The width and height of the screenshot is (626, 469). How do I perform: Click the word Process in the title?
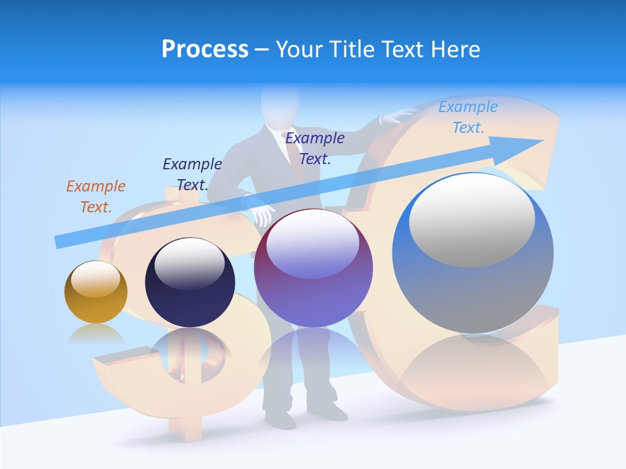point(205,50)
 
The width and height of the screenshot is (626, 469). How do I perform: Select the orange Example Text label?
point(95,196)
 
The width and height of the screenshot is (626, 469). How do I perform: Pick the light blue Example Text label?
point(468,117)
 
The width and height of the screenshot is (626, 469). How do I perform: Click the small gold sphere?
point(96,292)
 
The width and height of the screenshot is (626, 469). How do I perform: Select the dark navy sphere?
point(190,283)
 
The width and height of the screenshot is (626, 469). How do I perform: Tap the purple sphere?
point(313,268)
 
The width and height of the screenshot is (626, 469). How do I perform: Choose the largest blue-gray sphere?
point(473,253)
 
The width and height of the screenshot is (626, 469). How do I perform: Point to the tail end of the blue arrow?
point(60,242)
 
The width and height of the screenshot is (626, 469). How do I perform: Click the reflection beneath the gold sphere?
point(96,334)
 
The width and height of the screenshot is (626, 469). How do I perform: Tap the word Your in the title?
point(298,50)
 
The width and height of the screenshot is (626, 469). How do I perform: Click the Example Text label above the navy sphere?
point(192,174)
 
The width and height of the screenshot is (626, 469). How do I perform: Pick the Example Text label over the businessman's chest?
point(315,148)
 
